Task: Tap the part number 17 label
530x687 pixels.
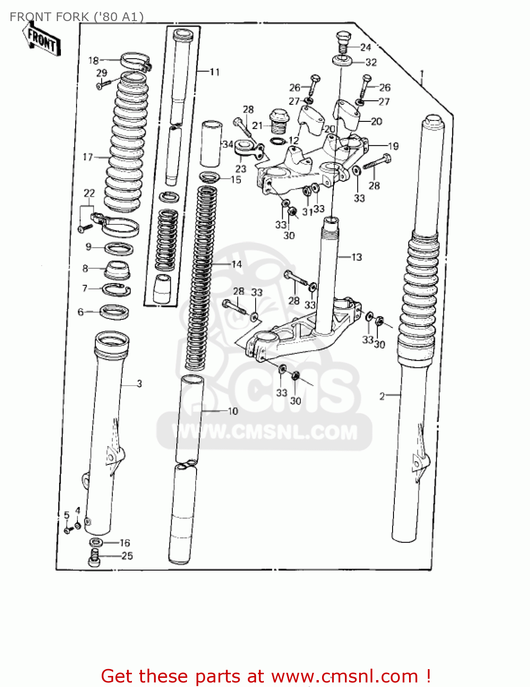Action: [87, 157]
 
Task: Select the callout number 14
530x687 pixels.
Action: [236, 264]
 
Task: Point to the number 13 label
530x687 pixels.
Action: [356, 257]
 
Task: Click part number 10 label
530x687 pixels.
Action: [233, 411]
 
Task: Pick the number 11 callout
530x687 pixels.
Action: [214, 72]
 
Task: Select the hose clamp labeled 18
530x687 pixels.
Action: [135, 61]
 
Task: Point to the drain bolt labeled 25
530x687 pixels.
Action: [94, 559]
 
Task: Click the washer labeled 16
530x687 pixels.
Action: [96, 543]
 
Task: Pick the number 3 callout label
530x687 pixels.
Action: [139, 384]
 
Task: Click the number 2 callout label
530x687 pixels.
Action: [382, 396]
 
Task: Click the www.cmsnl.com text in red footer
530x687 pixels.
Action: [344, 676]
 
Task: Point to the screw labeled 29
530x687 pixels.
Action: [103, 84]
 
